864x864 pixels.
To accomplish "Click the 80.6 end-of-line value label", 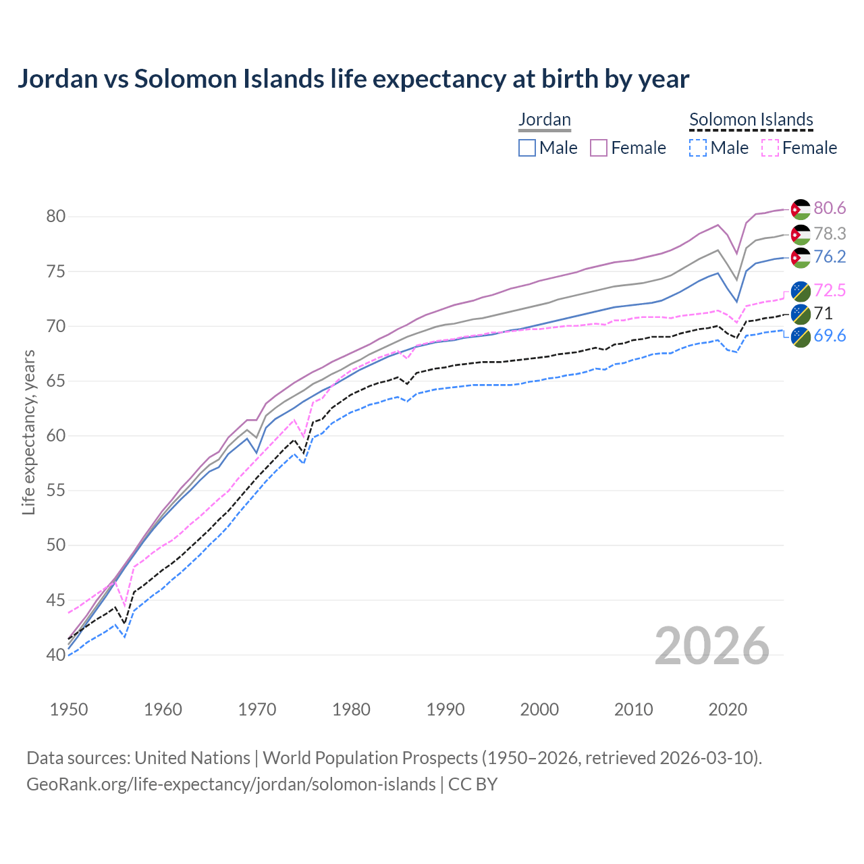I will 830,209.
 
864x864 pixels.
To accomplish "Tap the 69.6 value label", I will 830,335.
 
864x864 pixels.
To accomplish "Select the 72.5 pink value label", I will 830,291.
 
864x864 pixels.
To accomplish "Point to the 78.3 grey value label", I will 830,234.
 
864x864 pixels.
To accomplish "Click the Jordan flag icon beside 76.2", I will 801,258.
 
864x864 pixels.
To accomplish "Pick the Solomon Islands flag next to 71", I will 801,314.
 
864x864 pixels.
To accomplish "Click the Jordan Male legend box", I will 527,148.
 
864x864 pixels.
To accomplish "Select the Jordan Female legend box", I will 599,148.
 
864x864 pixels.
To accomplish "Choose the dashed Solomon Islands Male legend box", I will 699,148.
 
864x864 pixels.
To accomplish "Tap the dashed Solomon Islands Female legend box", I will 770,148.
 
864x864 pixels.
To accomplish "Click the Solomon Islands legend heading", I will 751,119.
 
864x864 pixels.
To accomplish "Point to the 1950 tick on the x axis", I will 69,709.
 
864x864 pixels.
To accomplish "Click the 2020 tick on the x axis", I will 727,709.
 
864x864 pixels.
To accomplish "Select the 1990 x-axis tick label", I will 446,709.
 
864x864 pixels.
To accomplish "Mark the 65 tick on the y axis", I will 55,381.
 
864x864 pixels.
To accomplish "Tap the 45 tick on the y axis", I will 55,600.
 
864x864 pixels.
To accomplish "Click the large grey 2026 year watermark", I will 712,647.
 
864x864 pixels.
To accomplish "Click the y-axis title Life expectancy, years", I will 29,432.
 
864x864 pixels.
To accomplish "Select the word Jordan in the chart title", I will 58,79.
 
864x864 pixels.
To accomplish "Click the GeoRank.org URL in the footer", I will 231,784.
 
